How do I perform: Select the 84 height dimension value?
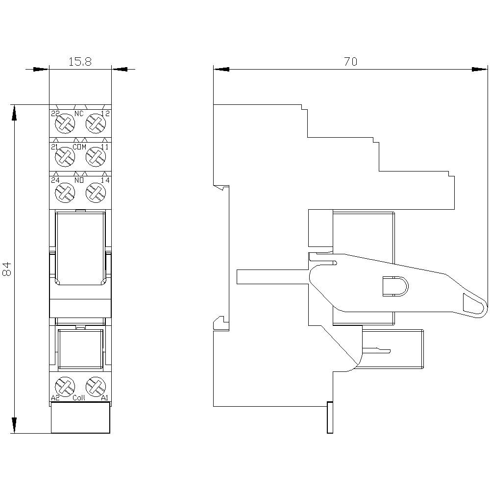(7, 269)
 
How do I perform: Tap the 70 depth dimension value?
(350, 61)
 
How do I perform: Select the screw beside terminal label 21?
(65, 157)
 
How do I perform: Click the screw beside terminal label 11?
(96, 157)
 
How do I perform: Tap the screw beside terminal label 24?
(65, 192)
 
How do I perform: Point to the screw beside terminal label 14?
(96, 192)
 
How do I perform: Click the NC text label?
(79, 114)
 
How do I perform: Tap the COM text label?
(79, 147)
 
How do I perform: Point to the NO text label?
(79, 181)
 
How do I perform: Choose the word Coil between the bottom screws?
(79, 398)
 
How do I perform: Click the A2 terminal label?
(55, 398)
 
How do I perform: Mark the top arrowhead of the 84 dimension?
(15, 112)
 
